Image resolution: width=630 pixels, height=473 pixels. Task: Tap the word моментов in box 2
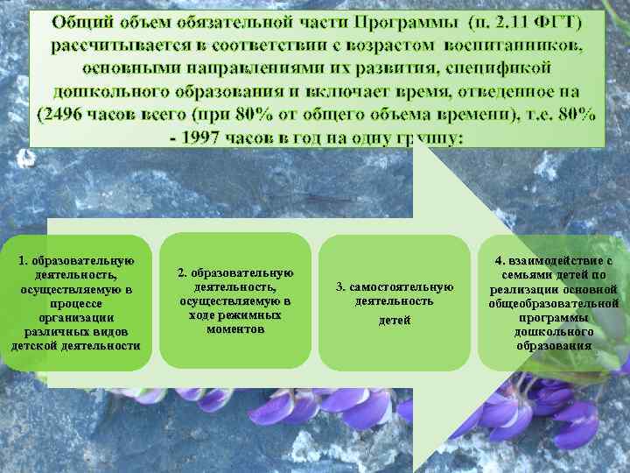235,329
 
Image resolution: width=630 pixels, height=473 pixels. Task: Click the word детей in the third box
394,321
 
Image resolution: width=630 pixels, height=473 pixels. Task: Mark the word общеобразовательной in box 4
554,303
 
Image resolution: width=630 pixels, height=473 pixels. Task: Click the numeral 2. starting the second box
182,273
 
